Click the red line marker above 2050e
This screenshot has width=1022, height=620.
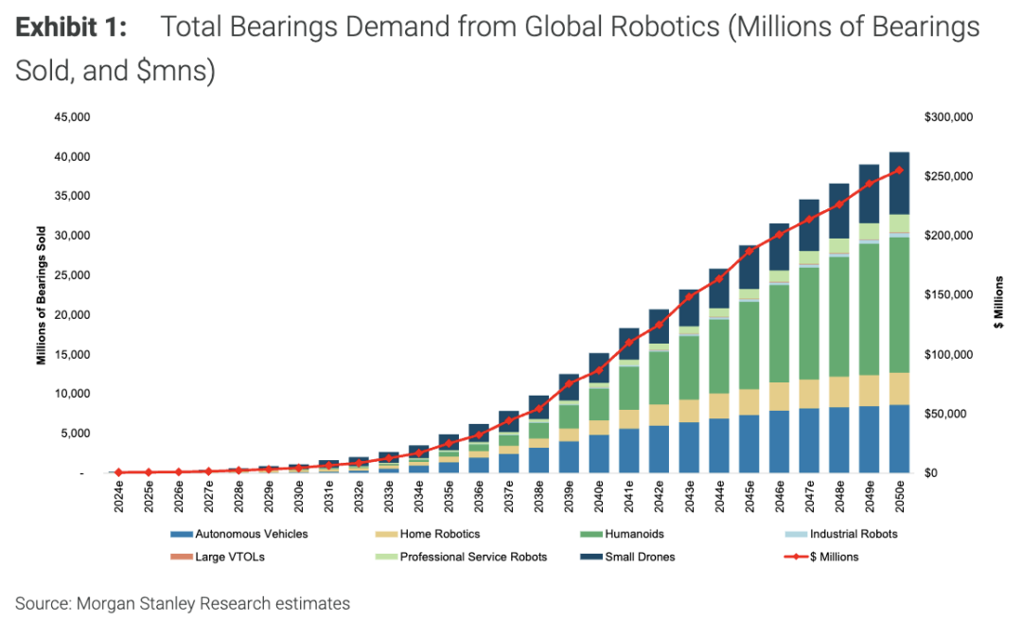click(898, 170)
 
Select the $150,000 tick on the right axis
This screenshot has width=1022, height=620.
click(948, 295)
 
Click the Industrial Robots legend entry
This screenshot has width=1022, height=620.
click(846, 534)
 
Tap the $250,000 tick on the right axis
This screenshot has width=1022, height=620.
click(948, 177)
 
